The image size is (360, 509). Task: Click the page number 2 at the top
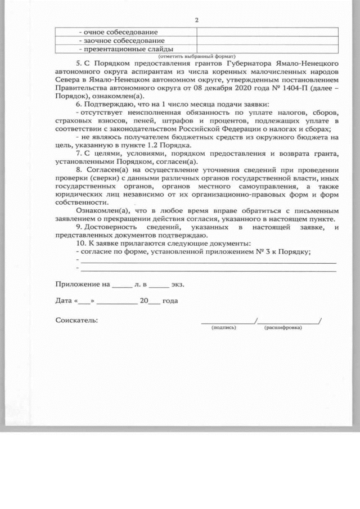(196, 20)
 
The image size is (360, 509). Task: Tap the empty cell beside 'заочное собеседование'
(267, 41)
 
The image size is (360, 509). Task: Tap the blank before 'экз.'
(159, 285)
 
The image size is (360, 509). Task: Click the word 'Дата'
(64, 301)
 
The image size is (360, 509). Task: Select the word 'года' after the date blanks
(170, 301)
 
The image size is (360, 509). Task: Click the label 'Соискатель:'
(76, 320)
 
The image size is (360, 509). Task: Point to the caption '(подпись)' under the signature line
(223, 327)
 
